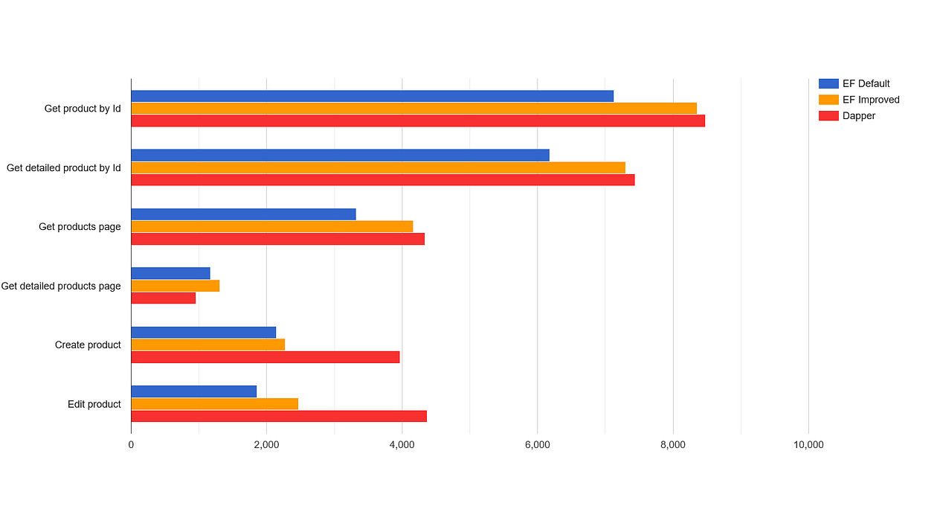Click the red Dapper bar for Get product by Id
417,121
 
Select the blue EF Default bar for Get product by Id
372,96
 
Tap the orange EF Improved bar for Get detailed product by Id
378,167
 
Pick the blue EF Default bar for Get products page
243,214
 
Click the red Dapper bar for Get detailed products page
163,298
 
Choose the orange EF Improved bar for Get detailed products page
175,286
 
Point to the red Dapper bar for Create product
265,357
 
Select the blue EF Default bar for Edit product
193,391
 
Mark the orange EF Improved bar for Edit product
214,403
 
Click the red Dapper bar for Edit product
279,416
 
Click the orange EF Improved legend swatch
828,100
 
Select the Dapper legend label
859,116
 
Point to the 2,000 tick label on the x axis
266,445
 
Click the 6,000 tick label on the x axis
537,445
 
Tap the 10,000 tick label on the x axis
808,445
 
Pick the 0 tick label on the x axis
131,445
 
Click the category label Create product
88,345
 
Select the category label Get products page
80,227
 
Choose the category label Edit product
94,404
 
